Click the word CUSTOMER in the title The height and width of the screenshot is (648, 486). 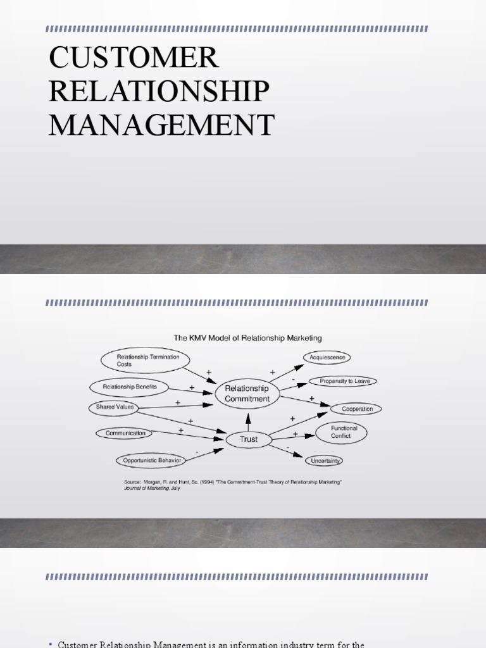134,58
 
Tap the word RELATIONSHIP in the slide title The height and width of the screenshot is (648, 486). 159,91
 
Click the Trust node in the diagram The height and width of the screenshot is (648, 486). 249,439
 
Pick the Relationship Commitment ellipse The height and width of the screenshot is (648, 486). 247,394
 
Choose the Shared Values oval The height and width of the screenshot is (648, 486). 115,407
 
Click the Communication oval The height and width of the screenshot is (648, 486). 125,433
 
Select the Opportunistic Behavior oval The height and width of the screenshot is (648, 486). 152,460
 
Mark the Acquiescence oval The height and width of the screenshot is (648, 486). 327,358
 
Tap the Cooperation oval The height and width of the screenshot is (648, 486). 357,409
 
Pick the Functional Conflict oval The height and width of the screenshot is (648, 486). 344,432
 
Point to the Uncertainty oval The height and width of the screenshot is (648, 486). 325,461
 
